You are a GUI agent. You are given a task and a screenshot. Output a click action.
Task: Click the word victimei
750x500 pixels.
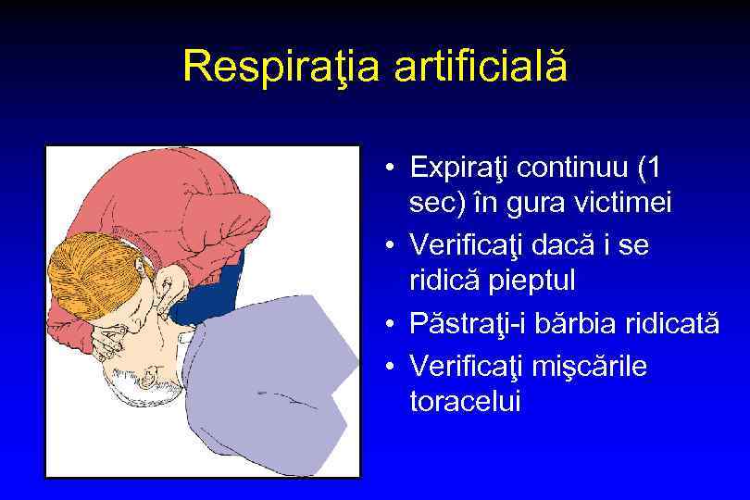click(625, 203)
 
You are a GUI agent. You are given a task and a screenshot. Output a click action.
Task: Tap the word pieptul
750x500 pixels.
click(526, 279)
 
